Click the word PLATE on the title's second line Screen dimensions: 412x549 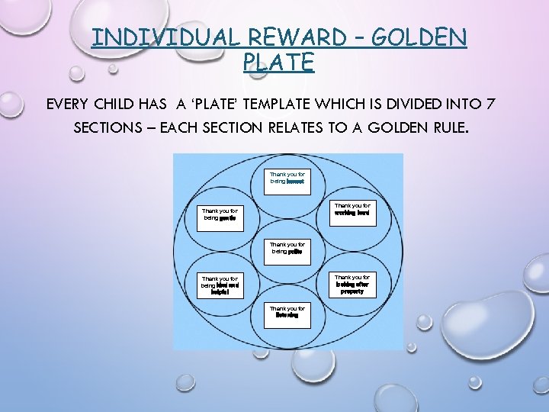click(278, 63)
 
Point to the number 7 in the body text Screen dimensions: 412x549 click(494, 103)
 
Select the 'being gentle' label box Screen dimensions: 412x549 click(220, 214)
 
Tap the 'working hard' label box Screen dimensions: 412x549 click(352, 209)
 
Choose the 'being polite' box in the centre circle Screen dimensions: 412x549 click(287, 248)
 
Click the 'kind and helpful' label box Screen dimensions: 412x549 click(220, 285)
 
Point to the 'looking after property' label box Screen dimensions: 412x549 click(352, 285)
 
